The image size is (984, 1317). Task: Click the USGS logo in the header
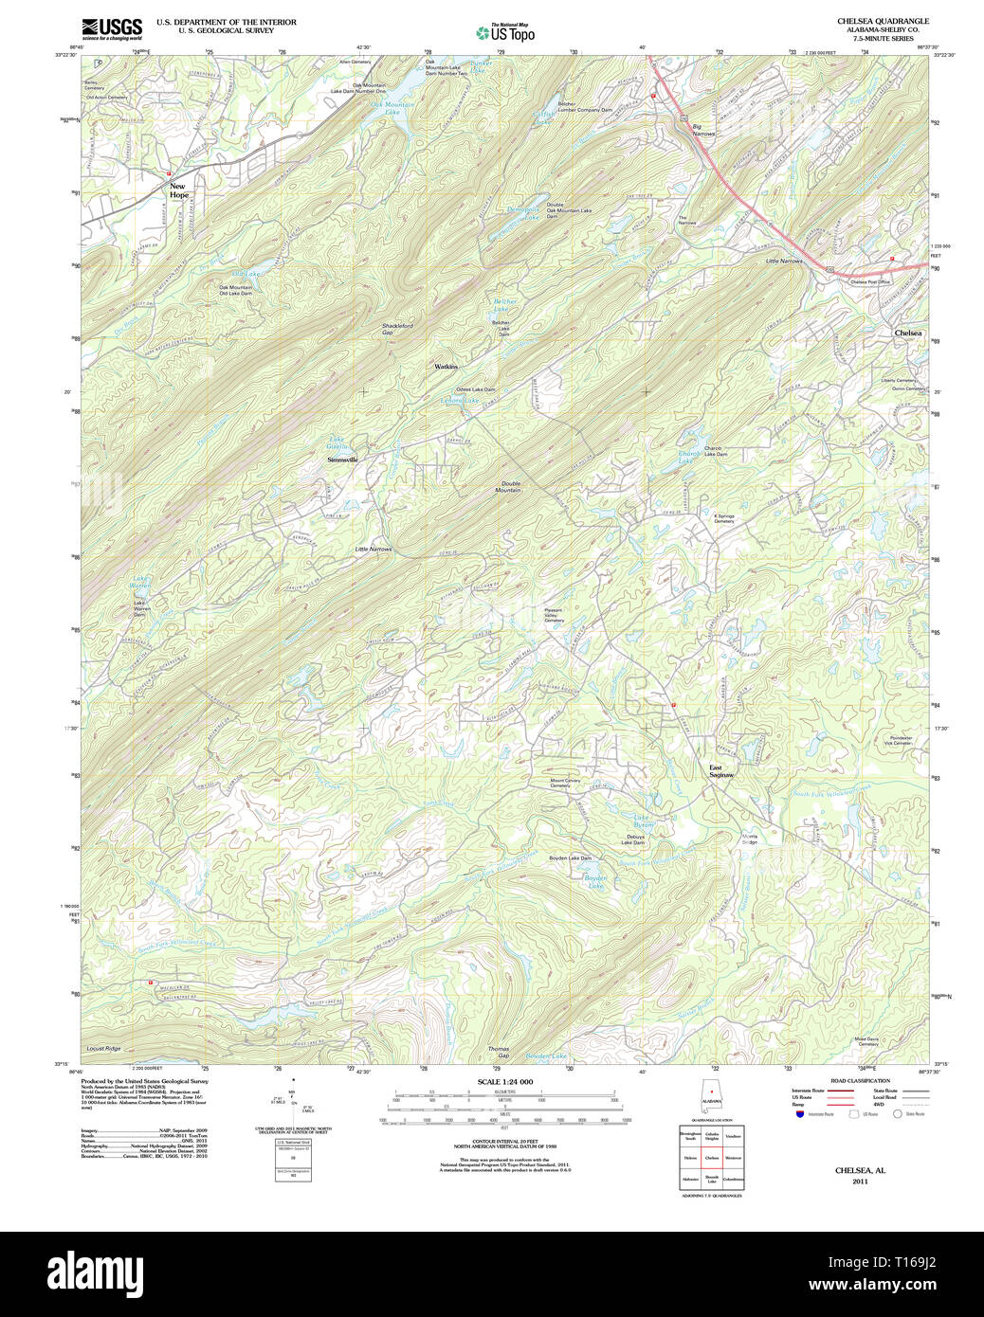(x=112, y=27)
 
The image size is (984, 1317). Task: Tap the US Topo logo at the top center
(x=505, y=31)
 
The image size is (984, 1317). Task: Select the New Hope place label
(x=178, y=190)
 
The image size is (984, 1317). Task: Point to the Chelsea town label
(x=907, y=334)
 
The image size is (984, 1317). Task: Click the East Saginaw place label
(x=721, y=771)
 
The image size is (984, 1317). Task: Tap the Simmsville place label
(x=342, y=460)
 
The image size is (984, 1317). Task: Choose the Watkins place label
(x=446, y=367)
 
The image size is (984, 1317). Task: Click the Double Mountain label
(x=510, y=486)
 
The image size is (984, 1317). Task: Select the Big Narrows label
(x=702, y=130)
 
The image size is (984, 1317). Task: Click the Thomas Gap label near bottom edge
(x=499, y=1052)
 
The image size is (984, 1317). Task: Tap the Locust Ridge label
(x=103, y=1049)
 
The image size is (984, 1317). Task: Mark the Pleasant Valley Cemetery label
(x=554, y=615)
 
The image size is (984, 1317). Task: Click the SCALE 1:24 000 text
(x=504, y=1082)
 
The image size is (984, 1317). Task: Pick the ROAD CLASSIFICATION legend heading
(x=860, y=1081)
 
